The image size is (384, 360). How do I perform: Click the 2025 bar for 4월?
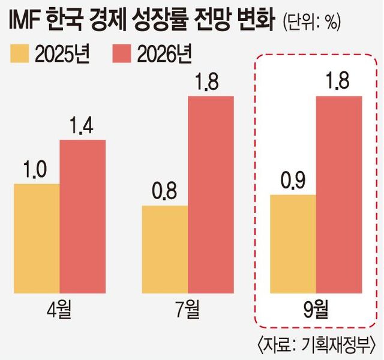pyautogui.click(x=36, y=238)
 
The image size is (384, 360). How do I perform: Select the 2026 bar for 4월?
pyautogui.click(x=82, y=216)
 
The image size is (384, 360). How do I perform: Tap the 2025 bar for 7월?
pyautogui.click(x=165, y=249)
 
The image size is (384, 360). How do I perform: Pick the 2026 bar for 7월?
pyautogui.click(x=211, y=194)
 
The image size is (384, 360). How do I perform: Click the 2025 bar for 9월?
pyautogui.click(x=293, y=244)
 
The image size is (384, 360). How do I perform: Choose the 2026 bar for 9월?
pyautogui.click(x=339, y=194)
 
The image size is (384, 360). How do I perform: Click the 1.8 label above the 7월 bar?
pyautogui.click(x=211, y=83)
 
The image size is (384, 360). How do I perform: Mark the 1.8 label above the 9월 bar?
pyautogui.click(x=339, y=83)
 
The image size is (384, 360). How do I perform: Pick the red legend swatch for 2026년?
pyautogui.click(x=124, y=54)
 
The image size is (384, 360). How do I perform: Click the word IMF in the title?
pyautogui.click(x=26, y=22)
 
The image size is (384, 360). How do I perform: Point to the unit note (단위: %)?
pyautogui.click(x=311, y=23)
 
